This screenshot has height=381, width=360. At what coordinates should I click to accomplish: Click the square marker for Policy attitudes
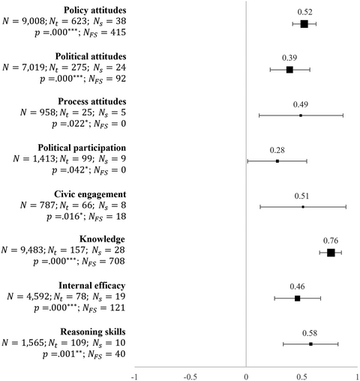point(304,24)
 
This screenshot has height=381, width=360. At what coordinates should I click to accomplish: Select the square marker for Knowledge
point(331,253)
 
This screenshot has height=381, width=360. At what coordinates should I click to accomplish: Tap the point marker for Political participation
point(277,161)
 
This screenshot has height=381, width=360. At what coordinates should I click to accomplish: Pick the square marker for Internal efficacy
point(298,298)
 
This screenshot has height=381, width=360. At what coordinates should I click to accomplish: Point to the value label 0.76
point(331,240)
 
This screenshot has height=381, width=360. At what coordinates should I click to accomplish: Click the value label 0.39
point(289,58)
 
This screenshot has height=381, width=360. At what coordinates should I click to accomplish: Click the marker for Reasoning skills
point(310,344)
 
